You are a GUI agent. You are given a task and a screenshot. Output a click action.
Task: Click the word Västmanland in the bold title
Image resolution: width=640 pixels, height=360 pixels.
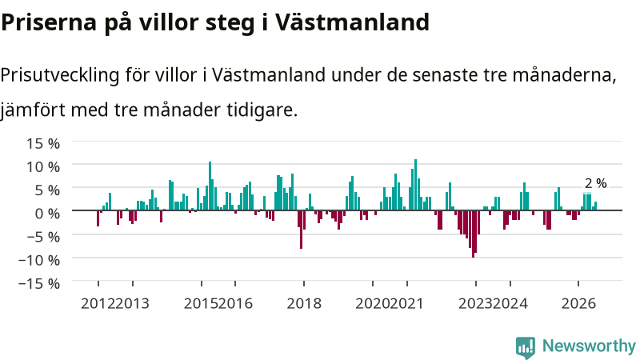click(x=352, y=22)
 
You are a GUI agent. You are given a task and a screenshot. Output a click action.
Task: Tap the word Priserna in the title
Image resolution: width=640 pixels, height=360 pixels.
click(x=49, y=22)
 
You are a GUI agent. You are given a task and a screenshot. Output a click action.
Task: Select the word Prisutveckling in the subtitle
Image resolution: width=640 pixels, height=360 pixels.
click(x=59, y=75)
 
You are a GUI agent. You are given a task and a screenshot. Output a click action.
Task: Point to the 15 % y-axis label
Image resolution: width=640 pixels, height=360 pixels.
click(x=43, y=144)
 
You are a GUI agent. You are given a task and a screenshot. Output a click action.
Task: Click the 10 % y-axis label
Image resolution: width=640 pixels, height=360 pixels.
click(x=43, y=167)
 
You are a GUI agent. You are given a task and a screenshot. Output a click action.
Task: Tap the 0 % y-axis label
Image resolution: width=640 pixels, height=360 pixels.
click(x=47, y=213)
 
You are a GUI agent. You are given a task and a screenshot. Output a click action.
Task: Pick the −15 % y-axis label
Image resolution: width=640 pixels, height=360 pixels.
click(x=39, y=283)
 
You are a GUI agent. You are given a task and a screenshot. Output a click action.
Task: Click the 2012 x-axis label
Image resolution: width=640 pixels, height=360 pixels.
click(x=98, y=304)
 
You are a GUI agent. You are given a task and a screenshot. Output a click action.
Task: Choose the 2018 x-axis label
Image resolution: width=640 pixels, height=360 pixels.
click(x=304, y=304)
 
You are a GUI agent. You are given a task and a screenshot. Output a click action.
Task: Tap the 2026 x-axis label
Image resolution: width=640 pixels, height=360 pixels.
click(x=578, y=304)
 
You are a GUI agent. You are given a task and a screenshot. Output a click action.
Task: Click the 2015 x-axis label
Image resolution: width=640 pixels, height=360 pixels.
click(x=201, y=304)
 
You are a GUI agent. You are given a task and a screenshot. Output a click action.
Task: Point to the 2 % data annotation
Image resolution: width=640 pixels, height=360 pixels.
click(x=595, y=184)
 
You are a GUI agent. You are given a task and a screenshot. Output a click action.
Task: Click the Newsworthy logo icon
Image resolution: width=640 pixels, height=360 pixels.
click(x=526, y=347)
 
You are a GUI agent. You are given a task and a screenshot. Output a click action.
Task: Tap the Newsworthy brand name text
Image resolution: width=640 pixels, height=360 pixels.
click(x=589, y=346)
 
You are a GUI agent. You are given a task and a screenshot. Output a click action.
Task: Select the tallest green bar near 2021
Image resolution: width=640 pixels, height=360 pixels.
click(x=415, y=185)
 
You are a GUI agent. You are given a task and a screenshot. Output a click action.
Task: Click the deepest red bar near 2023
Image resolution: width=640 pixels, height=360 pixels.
click(x=473, y=234)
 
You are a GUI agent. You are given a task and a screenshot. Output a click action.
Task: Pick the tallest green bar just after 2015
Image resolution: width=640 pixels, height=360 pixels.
click(x=210, y=186)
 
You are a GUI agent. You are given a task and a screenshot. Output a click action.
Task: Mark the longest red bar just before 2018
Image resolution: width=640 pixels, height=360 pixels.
click(x=302, y=230)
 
